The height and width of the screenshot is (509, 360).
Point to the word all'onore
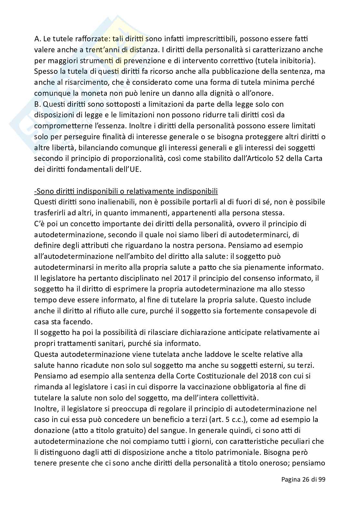[258, 93]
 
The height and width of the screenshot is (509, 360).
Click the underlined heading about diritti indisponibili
[126, 191]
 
